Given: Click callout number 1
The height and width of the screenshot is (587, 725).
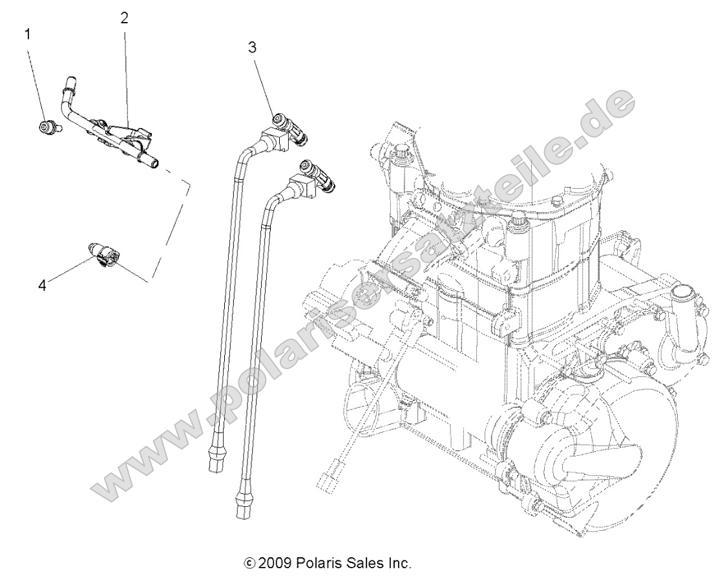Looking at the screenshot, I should click(x=27, y=34).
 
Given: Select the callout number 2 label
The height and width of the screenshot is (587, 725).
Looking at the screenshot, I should click(x=124, y=18).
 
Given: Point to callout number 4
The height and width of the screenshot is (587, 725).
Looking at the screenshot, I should click(x=43, y=285).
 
